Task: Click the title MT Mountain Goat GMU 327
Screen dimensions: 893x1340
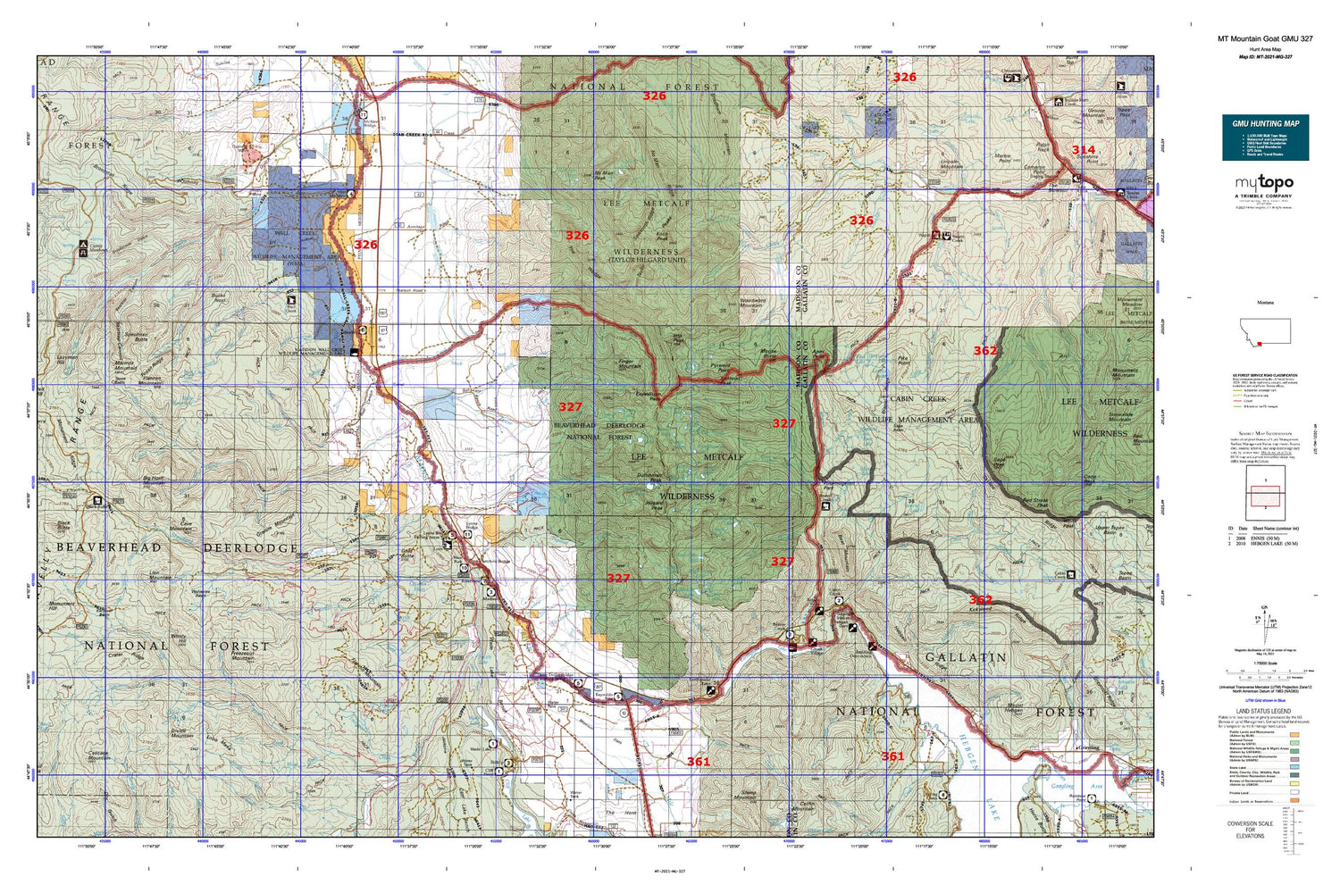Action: [1265, 39]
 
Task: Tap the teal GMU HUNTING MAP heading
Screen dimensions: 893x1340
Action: [1265, 123]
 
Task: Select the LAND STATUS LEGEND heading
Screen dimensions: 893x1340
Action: [1263, 712]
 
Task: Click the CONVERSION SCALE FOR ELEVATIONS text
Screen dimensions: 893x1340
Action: [1250, 830]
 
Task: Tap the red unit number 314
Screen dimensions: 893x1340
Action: [1083, 150]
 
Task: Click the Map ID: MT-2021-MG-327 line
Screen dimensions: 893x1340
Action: [1265, 56]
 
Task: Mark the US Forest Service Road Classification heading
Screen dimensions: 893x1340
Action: [1264, 376]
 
